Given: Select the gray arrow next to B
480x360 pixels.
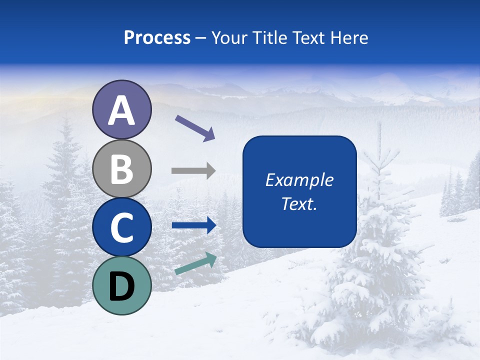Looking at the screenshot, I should pyautogui.click(x=193, y=171).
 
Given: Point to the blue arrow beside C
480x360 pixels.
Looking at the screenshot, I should pyautogui.click(x=193, y=225).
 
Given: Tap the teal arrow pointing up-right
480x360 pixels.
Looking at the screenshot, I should pyautogui.click(x=195, y=263).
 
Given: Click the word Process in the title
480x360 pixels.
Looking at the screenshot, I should pyautogui.click(x=157, y=37).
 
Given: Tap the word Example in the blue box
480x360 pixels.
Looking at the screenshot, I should pyautogui.click(x=299, y=180).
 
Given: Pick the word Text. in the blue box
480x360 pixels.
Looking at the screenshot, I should pyautogui.click(x=299, y=203).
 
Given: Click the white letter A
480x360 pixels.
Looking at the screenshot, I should pyautogui.click(x=121, y=111).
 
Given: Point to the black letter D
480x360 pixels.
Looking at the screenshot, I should pyautogui.click(x=121, y=286).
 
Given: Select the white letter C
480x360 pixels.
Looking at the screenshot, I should pyautogui.click(x=121, y=228).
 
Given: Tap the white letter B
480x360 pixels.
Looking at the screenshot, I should pyautogui.click(x=121, y=169).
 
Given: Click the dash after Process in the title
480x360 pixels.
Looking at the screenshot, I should pyautogui.click(x=201, y=38).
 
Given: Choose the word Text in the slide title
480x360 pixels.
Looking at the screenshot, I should pyautogui.click(x=308, y=37).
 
